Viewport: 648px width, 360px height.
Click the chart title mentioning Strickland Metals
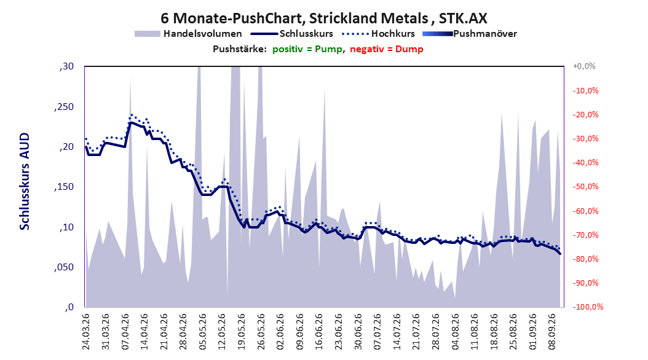pyautogui.click(x=323, y=18)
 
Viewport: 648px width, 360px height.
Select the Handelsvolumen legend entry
pyautogui.click(x=188, y=34)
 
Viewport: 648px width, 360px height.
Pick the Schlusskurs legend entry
pyautogui.click(x=292, y=34)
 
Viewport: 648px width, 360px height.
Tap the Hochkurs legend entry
pyautogui.click(x=378, y=34)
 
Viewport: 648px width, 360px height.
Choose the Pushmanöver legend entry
pyautogui.click(x=470, y=34)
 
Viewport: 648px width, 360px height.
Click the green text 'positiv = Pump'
pyautogui.click(x=307, y=49)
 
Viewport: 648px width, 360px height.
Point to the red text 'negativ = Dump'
pyautogui.click(x=387, y=49)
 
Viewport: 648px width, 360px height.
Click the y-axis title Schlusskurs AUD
pyautogui.click(x=25, y=181)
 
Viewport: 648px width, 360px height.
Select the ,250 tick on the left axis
pyautogui.click(x=64, y=107)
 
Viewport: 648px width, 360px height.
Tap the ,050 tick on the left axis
pyautogui.click(x=64, y=267)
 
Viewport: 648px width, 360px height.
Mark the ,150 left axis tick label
pyautogui.click(x=64, y=187)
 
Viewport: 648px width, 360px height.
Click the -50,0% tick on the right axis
pyautogui.click(x=585, y=187)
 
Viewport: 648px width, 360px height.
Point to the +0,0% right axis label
pyautogui.click(x=584, y=66)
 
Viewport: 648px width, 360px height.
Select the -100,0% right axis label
pyautogui.click(x=588, y=307)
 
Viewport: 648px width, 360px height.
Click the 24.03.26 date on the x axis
pyautogui.click(x=86, y=332)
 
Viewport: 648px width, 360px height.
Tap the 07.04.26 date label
pyautogui.click(x=125, y=332)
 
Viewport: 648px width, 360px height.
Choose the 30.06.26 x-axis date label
pyautogui.click(x=358, y=332)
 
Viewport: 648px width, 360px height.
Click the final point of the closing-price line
pyautogui.click(x=560, y=254)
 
